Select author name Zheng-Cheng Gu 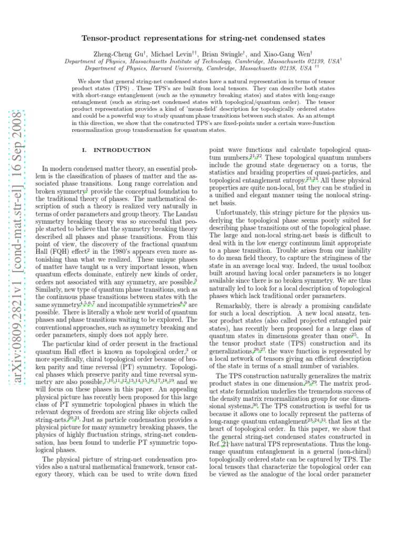pos(112,53)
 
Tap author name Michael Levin pos(157,53)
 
